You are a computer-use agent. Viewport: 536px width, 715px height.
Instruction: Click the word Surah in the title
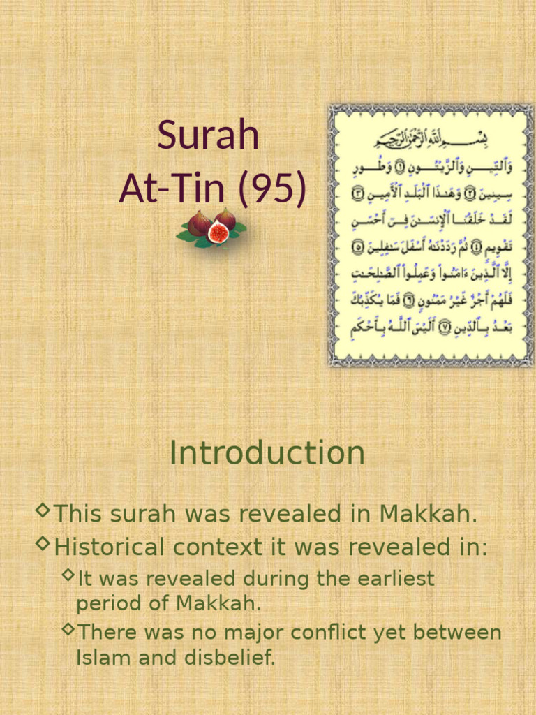pyautogui.click(x=208, y=135)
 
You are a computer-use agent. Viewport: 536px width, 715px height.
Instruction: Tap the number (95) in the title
pyautogui.click(x=271, y=189)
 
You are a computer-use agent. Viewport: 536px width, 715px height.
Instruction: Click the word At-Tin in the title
pyautogui.click(x=174, y=189)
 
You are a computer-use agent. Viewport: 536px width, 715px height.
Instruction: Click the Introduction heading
pyautogui.click(x=267, y=453)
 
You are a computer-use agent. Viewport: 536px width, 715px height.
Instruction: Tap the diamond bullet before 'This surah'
pyautogui.click(x=43, y=512)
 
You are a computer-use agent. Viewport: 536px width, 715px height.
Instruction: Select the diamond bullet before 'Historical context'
pyautogui.click(x=43, y=543)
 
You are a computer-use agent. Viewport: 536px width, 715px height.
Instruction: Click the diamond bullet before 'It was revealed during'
pyautogui.click(x=68, y=575)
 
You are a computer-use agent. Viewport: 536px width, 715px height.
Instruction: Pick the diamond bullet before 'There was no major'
pyautogui.click(x=68, y=630)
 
